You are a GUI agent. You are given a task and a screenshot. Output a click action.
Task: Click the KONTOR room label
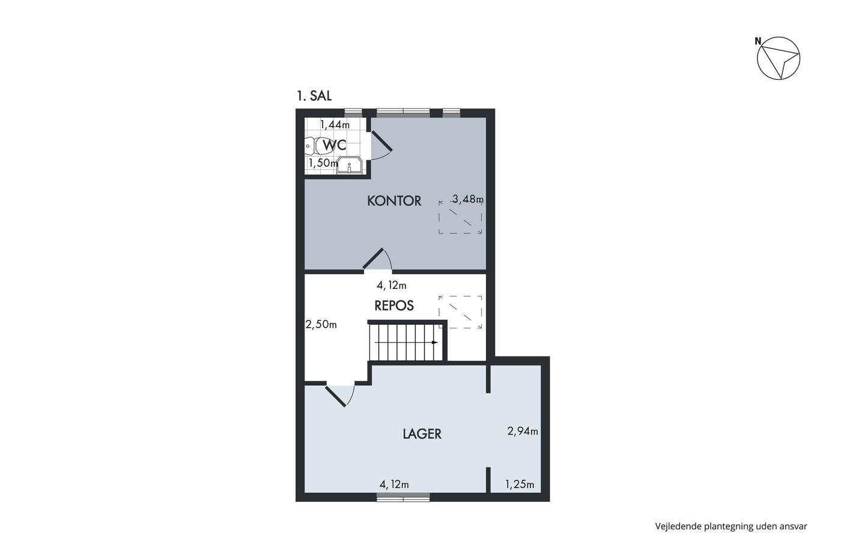394,201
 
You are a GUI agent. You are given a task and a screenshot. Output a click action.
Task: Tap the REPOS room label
394,306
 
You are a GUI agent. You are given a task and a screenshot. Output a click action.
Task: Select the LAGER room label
422,434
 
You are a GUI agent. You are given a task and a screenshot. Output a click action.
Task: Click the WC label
334,145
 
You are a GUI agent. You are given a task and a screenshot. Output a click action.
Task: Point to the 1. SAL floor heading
314,96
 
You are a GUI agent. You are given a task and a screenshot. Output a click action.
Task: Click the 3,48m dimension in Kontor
468,199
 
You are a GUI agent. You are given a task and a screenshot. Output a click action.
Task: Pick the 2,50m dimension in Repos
321,325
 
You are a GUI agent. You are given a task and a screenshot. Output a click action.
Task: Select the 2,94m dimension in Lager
523,432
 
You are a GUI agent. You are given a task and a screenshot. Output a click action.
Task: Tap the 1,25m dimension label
520,484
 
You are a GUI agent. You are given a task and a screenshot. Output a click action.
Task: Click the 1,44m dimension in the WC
335,124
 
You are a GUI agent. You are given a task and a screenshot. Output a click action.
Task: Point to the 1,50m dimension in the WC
323,163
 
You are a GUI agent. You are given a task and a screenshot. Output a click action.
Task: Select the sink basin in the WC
349,165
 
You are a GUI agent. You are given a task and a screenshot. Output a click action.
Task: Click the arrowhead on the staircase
435,343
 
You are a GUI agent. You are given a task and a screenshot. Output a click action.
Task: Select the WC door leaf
382,141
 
